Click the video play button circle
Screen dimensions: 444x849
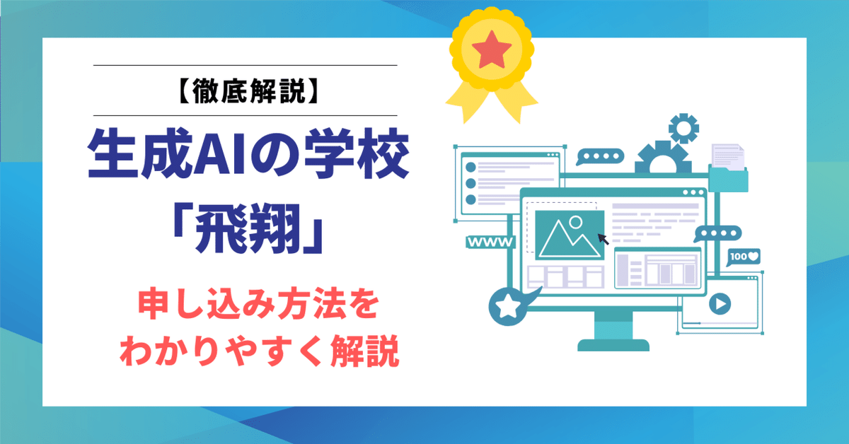point(719,305)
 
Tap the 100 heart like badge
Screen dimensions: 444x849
point(744,256)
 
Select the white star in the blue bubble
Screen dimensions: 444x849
point(507,307)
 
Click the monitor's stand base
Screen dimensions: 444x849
point(613,344)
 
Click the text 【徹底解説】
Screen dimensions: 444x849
point(245,90)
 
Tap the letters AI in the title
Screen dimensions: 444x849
point(214,162)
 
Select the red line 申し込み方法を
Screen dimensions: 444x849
point(245,309)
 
